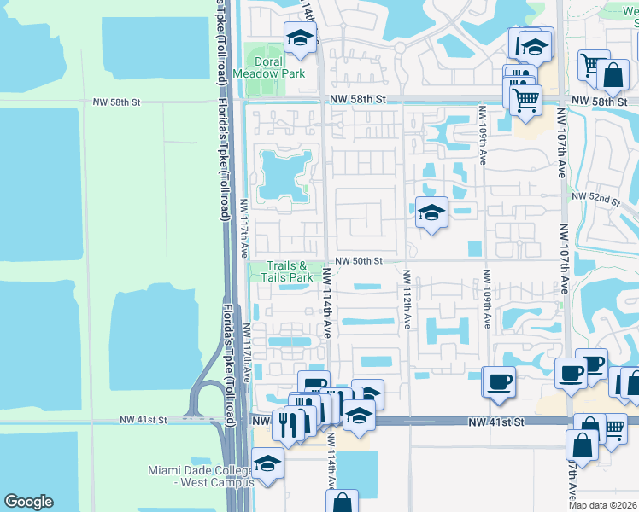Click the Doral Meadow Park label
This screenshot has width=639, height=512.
(280, 67)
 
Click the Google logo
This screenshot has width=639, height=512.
(28, 502)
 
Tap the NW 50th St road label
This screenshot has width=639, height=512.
(356, 260)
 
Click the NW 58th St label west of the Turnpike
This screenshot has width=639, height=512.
(116, 102)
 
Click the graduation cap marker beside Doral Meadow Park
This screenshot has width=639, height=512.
(300, 38)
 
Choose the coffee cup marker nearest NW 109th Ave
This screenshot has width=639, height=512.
(498, 381)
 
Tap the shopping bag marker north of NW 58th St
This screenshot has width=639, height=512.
(613, 74)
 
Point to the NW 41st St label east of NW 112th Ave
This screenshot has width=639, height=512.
(495, 422)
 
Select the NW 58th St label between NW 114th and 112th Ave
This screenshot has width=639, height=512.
(359, 100)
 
